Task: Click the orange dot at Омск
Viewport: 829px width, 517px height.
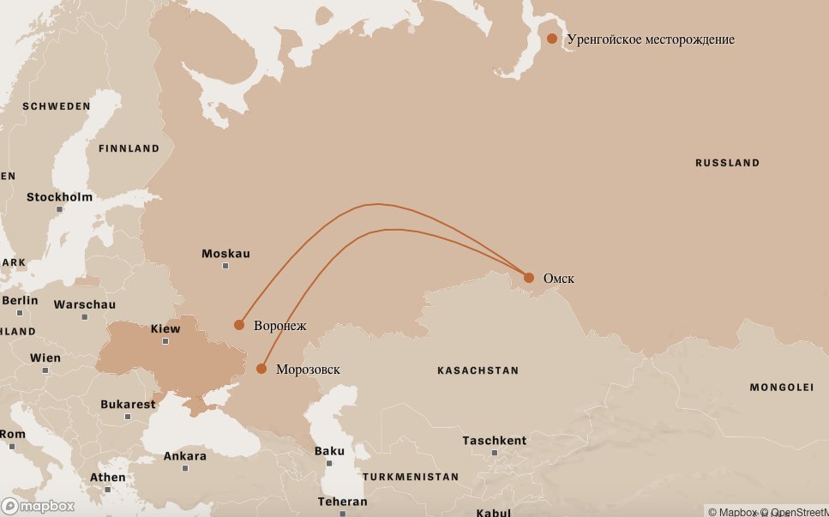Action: (x=529, y=278)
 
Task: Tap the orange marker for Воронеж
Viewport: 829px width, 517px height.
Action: (x=239, y=325)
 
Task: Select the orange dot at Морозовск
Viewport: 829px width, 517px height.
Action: (x=261, y=369)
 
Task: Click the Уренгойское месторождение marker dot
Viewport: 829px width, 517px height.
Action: (x=552, y=39)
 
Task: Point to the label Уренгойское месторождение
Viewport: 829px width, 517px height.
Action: (x=651, y=39)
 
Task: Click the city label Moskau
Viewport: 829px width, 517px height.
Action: (x=225, y=254)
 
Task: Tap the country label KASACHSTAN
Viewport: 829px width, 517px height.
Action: (x=478, y=370)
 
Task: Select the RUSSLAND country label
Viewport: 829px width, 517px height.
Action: (x=727, y=163)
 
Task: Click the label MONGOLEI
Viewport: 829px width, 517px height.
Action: (x=781, y=388)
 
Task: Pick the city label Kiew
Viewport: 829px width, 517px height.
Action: (x=165, y=328)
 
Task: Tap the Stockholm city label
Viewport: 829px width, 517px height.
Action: (x=59, y=197)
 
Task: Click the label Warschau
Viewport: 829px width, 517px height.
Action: (x=84, y=304)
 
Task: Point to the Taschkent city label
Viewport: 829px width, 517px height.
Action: (x=494, y=440)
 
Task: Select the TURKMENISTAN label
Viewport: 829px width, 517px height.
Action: (x=410, y=477)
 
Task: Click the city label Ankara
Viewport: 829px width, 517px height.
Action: (x=184, y=456)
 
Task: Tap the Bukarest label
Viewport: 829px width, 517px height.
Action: (x=128, y=404)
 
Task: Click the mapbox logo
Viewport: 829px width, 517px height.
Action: (x=38, y=506)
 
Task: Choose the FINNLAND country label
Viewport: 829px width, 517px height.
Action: (x=129, y=148)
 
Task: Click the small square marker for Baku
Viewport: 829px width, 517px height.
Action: (x=329, y=463)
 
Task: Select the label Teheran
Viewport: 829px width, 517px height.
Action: (x=342, y=502)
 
